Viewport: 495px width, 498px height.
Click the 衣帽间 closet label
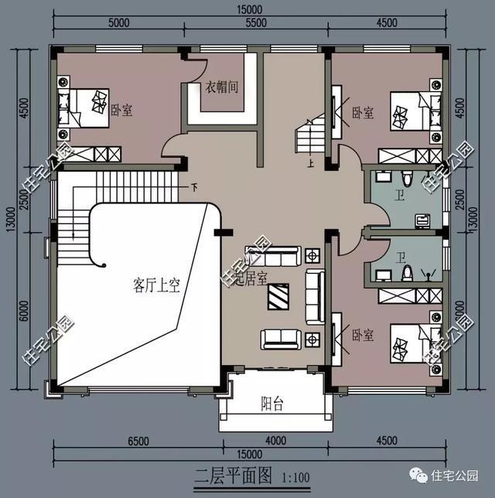(221, 87)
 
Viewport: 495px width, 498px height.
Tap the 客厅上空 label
(156, 286)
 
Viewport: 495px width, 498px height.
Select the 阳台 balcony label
(271, 402)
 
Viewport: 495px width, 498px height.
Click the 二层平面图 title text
(224, 475)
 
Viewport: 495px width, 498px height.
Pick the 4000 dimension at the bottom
(273, 442)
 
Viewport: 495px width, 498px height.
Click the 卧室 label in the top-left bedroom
(121, 111)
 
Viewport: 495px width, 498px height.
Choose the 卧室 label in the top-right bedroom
(363, 113)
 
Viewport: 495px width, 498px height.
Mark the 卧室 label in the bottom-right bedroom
(363, 335)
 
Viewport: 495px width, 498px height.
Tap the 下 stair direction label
(194, 186)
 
